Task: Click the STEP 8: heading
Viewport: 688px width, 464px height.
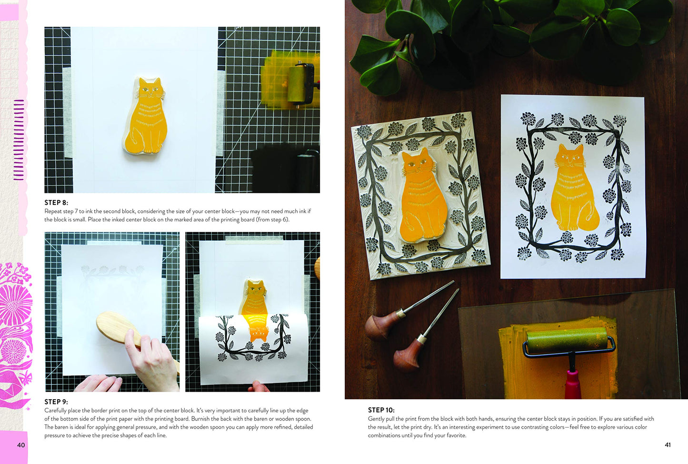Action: pyautogui.click(x=56, y=202)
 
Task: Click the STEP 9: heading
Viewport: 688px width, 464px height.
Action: pyautogui.click(x=56, y=402)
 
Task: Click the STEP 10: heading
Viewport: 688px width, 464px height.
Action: pyautogui.click(x=381, y=410)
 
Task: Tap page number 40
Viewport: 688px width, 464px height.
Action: pyautogui.click(x=21, y=445)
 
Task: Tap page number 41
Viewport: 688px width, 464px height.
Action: pyautogui.click(x=668, y=445)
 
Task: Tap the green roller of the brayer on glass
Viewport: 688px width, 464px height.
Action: pyautogui.click(x=566, y=342)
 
